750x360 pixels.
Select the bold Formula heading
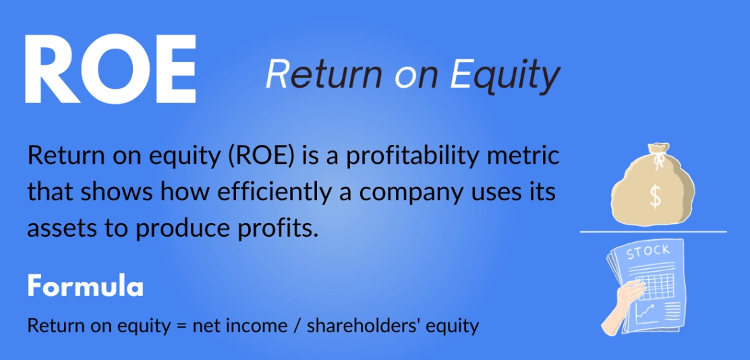[x=86, y=287]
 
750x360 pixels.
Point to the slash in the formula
[x=297, y=326]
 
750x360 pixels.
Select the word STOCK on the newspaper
[x=648, y=253]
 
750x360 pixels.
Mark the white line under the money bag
[x=653, y=232]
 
